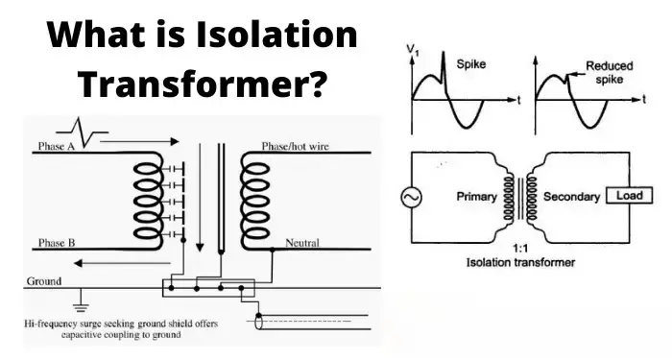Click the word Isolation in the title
[x=276, y=35]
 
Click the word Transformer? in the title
[x=202, y=84]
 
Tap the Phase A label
[x=56, y=146]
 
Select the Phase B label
[x=56, y=243]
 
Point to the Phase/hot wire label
[x=296, y=146]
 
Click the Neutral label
[x=302, y=243]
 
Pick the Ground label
[x=44, y=281]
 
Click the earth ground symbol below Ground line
[x=80, y=301]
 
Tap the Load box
[x=629, y=196]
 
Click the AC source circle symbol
[x=412, y=198]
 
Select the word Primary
[x=476, y=196]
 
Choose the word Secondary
[x=571, y=196]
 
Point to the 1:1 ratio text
[x=520, y=249]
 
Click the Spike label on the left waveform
[x=471, y=64]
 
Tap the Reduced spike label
[x=610, y=72]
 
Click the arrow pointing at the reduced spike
[x=576, y=74]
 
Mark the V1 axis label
[x=413, y=50]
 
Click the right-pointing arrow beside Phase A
[x=140, y=141]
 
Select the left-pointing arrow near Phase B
[x=122, y=263]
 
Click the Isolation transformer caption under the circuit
[x=520, y=262]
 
